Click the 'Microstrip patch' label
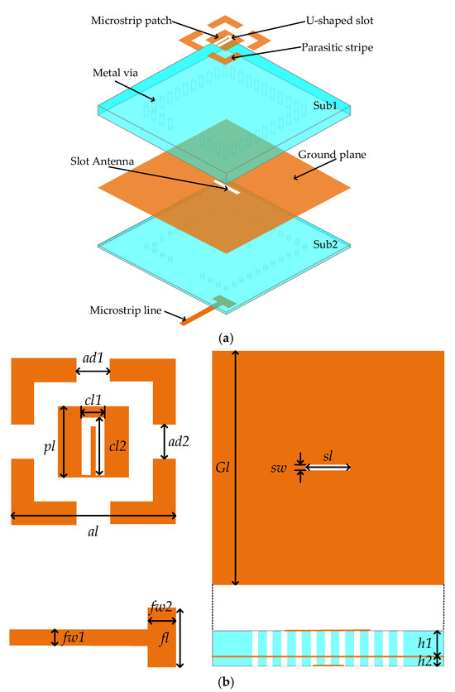131,21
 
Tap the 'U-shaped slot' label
340,21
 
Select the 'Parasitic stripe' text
338,48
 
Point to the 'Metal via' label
115,73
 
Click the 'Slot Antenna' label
102,161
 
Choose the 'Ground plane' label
332,155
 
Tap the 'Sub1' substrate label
325,105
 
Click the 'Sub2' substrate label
325,244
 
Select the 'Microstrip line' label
126,310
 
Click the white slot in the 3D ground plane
227,187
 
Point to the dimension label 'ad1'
93,358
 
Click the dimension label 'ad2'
179,441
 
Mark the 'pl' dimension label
50,447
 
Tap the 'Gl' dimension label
223,468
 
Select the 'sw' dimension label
279,468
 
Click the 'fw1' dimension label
73,637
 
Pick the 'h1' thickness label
424,643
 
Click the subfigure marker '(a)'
226,339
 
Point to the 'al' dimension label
93,531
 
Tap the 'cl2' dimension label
117,446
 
